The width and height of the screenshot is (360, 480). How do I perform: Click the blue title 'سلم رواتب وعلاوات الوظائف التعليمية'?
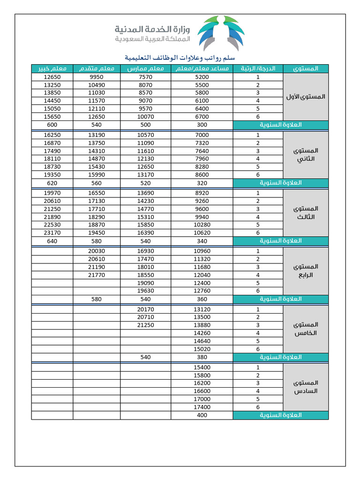[180, 58]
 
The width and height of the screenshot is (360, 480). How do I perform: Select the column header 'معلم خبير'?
[52, 69]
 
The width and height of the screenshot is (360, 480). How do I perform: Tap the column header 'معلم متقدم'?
[97, 69]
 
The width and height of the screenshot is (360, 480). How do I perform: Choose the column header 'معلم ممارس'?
[146, 69]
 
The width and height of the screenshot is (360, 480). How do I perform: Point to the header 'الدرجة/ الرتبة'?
[258, 69]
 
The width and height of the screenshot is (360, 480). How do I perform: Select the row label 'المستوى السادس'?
[306, 387]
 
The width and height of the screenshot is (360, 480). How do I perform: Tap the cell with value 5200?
[202, 77]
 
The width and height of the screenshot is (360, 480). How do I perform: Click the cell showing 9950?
[97, 77]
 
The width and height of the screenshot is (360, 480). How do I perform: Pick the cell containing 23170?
[52, 232]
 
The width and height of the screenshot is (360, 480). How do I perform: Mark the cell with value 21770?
[97, 275]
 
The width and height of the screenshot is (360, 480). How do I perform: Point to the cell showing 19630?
[146, 291]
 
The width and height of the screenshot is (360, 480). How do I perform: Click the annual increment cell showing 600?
[52, 125]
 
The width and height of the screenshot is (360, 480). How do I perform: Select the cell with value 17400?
[202, 407]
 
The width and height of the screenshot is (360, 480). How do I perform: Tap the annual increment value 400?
[202, 415]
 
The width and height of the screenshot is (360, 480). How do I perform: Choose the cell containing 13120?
[202, 309]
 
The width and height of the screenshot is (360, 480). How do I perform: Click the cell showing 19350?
[52, 174]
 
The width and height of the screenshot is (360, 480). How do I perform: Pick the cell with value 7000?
[202, 135]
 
